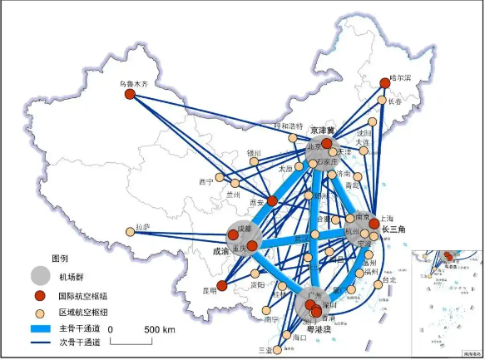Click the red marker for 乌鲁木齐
pos(130,95)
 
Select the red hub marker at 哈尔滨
pos(384,82)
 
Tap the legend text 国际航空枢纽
pos(82,295)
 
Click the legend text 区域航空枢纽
pos(82,312)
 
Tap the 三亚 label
pos(265,350)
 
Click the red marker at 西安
pos(271,200)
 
